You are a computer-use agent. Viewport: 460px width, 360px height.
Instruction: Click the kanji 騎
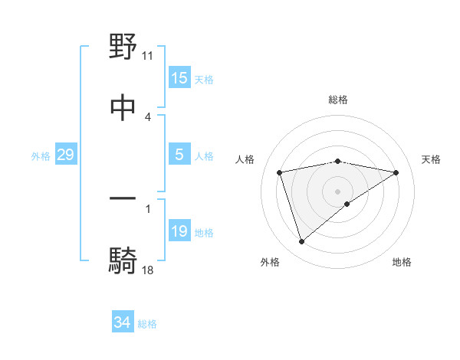pos(123,260)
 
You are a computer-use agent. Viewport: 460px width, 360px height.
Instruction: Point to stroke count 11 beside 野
pos(148,56)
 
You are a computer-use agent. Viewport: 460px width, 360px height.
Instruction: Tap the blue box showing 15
pos(179,78)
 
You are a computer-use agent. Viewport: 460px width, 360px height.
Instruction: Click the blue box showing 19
pos(179,232)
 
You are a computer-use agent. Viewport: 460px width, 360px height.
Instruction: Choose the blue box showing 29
pos(65,155)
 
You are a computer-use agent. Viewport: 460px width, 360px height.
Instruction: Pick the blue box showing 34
pos(123,322)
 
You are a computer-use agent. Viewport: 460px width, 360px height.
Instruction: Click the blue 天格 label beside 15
pos(204,79)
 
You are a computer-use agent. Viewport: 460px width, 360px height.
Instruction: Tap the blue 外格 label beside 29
pos(41,156)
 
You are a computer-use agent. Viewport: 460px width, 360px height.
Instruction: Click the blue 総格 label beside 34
pos(147,324)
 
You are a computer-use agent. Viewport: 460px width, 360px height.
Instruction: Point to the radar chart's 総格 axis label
pos(338,100)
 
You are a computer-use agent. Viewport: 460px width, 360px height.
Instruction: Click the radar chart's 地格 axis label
pos(402,263)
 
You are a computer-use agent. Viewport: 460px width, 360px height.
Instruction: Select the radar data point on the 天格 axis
pos(396,172)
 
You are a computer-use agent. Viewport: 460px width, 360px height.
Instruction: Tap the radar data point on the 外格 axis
pos(301,242)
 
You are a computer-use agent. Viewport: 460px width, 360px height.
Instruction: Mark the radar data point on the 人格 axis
pos(280,172)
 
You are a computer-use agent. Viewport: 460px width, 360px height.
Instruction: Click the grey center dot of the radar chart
pos(338,191)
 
